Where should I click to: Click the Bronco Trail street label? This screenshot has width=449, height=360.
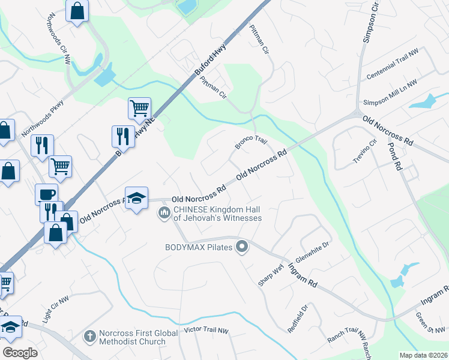point(250,143)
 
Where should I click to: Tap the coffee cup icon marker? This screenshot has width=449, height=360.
point(46,194)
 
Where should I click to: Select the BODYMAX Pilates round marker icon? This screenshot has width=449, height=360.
point(242,247)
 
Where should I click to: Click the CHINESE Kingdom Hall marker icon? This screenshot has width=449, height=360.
point(164,213)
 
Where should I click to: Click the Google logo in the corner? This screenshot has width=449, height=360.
point(20,352)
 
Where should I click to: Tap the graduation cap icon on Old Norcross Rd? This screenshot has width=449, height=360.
point(136,199)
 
